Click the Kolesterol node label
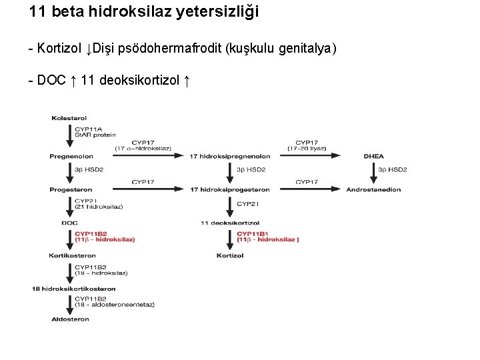pyautogui.click(x=68, y=119)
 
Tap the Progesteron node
pyautogui.click(x=71, y=189)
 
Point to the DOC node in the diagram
pyautogui.click(x=69, y=223)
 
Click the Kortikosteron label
pyautogui.click(x=72, y=255)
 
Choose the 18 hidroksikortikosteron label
pyautogui.click(x=74, y=289)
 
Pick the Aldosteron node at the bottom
pyautogui.click(x=70, y=319)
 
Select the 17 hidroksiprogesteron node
pyautogui.click(x=230, y=189)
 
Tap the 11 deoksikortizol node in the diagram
pyautogui.click(x=230, y=223)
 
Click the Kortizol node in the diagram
pyautogui.click(x=230, y=255)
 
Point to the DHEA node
pyautogui.click(x=374, y=156)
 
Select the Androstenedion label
pyautogui.click(x=373, y=189)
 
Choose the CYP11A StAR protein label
pyautogui.click(x=95, y=132)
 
